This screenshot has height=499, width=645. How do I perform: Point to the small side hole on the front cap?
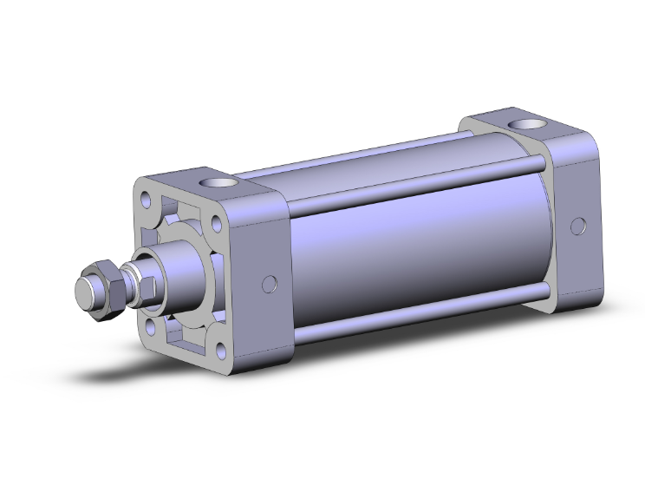pos(269,284)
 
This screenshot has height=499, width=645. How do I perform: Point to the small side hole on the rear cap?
pos(576,227)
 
